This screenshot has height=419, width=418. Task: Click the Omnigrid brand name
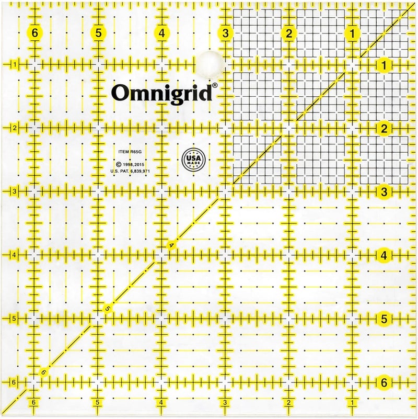[x=161, y=93]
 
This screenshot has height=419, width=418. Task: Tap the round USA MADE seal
[x=193, y=158]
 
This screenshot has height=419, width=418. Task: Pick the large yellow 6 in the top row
[x=35, y=33]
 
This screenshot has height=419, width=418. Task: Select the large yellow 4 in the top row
[x=162, y=33]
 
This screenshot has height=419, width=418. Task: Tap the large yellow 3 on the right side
[x=384, y=192]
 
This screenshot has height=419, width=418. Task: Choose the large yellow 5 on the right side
[x=384, y=319]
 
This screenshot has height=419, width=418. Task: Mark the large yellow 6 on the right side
[x=384, y=383]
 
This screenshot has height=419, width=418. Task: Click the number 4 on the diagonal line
[x=170, y=245]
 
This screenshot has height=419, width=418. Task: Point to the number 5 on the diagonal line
[x=107, y=309]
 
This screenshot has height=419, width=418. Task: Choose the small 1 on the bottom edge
[x=353, y=402]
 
